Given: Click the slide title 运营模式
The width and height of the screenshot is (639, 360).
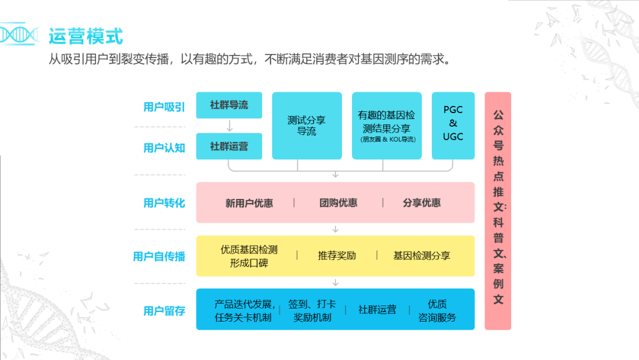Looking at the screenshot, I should coord(86,36).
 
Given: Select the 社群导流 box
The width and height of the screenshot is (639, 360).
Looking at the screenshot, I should coord(229,105).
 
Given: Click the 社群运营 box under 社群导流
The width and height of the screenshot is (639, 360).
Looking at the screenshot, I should coord(229,147).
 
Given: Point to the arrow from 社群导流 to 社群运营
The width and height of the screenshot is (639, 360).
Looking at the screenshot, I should coord(230,126).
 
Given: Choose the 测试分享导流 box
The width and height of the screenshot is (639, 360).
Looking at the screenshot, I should coord(306,126).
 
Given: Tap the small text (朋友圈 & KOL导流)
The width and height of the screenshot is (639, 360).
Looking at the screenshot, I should coord(388,140).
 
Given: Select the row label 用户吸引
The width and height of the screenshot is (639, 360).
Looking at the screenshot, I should coord(164,107).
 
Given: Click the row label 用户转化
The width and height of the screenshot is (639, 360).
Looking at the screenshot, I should coord(164,203).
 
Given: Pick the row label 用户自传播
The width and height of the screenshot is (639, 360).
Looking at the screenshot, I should coord(159,256).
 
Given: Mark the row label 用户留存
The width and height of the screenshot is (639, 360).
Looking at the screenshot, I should coord(164,311).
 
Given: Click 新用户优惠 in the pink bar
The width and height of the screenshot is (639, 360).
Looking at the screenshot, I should coord(249,203).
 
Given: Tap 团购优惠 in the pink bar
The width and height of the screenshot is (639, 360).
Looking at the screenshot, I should coord(338,203).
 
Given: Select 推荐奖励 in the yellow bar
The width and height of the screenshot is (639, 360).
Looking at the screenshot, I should coord(337,256).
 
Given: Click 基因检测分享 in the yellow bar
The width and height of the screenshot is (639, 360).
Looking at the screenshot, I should coord(421,256).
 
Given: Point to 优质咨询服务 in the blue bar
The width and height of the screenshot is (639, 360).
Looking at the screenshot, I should coord(437,310).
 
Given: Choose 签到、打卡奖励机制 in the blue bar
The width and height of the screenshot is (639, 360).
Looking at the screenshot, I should coord(312,310).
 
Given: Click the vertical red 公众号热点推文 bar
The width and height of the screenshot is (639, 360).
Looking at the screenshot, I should coord(498,210).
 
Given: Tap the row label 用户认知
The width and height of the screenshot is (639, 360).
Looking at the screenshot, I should coord(164,148).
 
